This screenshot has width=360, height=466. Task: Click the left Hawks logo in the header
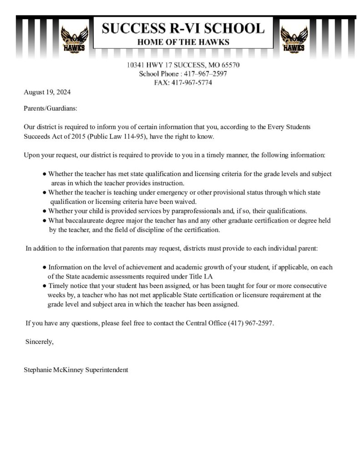pyautogui.click(x=73, y=40)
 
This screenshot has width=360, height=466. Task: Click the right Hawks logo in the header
pyautogui.click(x=293, y=40)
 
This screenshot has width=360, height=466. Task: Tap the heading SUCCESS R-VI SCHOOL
pyautogui.click(x=183, y=29)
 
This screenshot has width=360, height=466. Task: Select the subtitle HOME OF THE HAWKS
pyautogui.click(x=183, y=43)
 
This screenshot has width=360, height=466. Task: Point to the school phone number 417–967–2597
pyautogui.click(x=207, y=74)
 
